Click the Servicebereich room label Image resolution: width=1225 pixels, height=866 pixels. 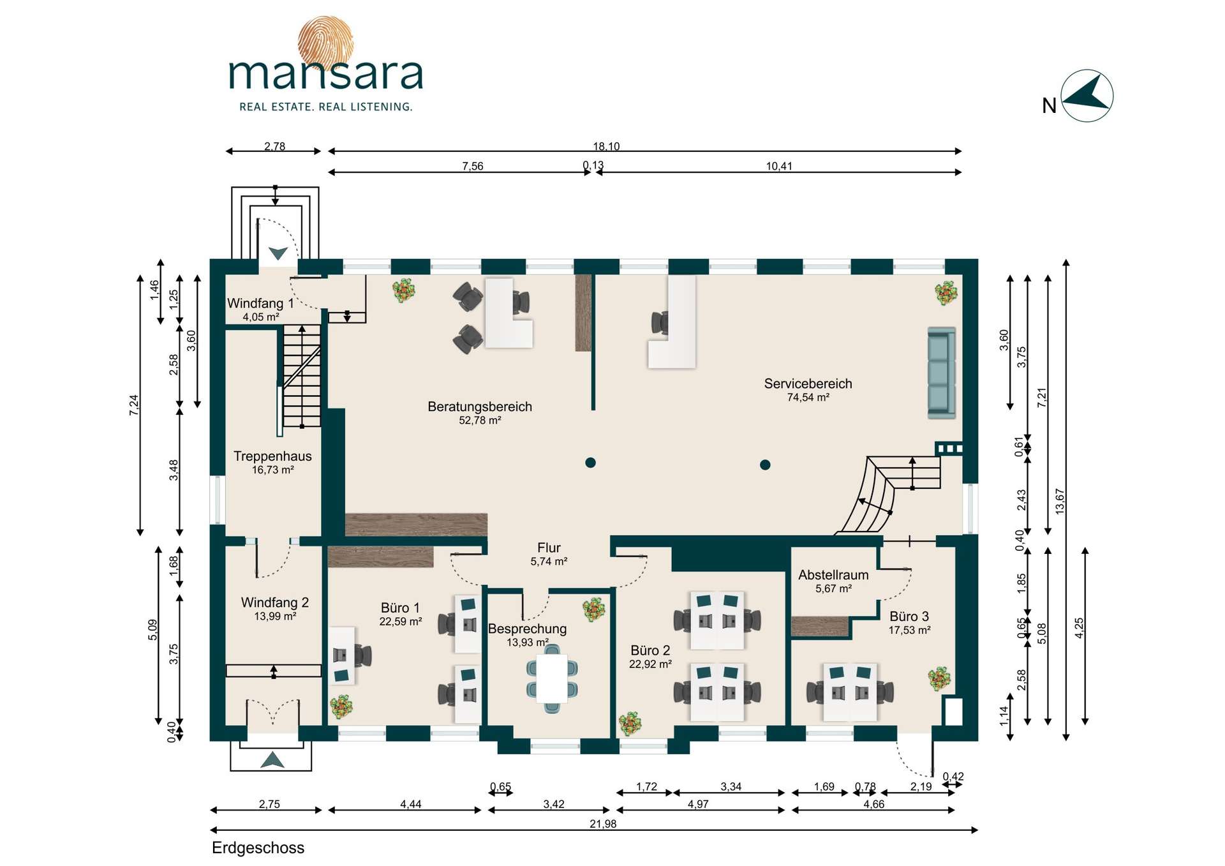pos(808,384)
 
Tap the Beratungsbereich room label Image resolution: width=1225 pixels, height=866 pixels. pos(480,407)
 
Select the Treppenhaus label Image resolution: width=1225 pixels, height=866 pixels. pos(272,456)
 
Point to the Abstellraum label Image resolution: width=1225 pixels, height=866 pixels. pos(833,575)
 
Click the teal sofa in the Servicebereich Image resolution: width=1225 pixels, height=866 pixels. pos(941,373)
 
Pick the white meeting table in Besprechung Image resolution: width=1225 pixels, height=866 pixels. pos(551,678)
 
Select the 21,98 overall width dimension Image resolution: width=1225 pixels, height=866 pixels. pos(603,824)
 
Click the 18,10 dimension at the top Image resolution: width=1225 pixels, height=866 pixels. pos(606,146)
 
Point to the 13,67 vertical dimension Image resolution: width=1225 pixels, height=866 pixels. pos(1060,502)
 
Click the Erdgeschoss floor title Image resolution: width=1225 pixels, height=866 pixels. pos(258,848)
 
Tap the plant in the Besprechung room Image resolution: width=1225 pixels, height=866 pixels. pos(594,609)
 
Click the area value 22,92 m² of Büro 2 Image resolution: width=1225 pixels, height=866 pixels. pos(650,664)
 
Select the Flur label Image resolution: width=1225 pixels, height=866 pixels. pos(549,548)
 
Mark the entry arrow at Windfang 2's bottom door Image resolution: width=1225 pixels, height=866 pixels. pos(272,759)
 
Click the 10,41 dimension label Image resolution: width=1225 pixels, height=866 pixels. pos(779,166)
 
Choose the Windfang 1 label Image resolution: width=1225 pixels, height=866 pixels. pos(260,303)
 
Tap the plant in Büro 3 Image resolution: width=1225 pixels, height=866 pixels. pos(939,678)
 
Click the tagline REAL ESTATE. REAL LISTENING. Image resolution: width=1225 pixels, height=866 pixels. pos(325,107)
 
